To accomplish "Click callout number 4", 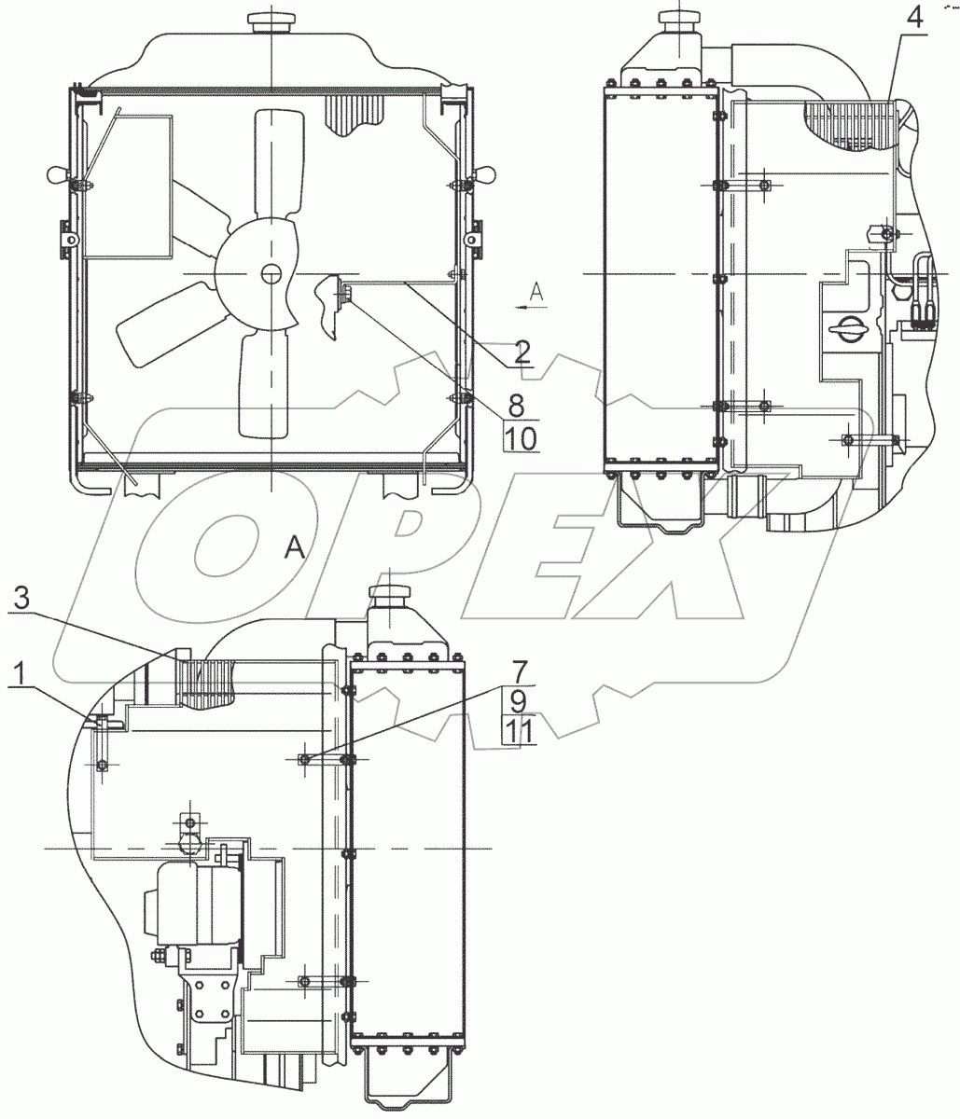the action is [913, 20].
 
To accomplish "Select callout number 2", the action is [522, 352].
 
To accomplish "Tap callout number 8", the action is [516, 405].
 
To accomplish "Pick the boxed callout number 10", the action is [522, 438].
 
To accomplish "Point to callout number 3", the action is [21, 599].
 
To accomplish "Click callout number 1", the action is [20, 674].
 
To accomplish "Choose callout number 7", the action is [519, 671].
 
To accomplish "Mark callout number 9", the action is [518, 701].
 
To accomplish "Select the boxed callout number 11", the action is [519, 731].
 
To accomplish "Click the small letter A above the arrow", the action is [536, 292].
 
